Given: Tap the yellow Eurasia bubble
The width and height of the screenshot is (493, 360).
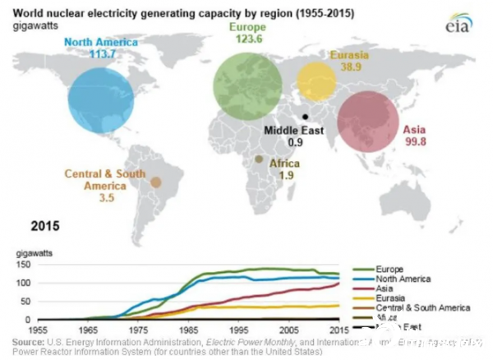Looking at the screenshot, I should [x=316, y=81].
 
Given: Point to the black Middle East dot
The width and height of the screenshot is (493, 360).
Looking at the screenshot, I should [x=306, y=117].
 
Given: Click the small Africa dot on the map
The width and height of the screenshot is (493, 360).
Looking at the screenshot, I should [x=259, y=159].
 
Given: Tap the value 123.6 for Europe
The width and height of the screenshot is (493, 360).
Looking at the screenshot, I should [x=249, y=39].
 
